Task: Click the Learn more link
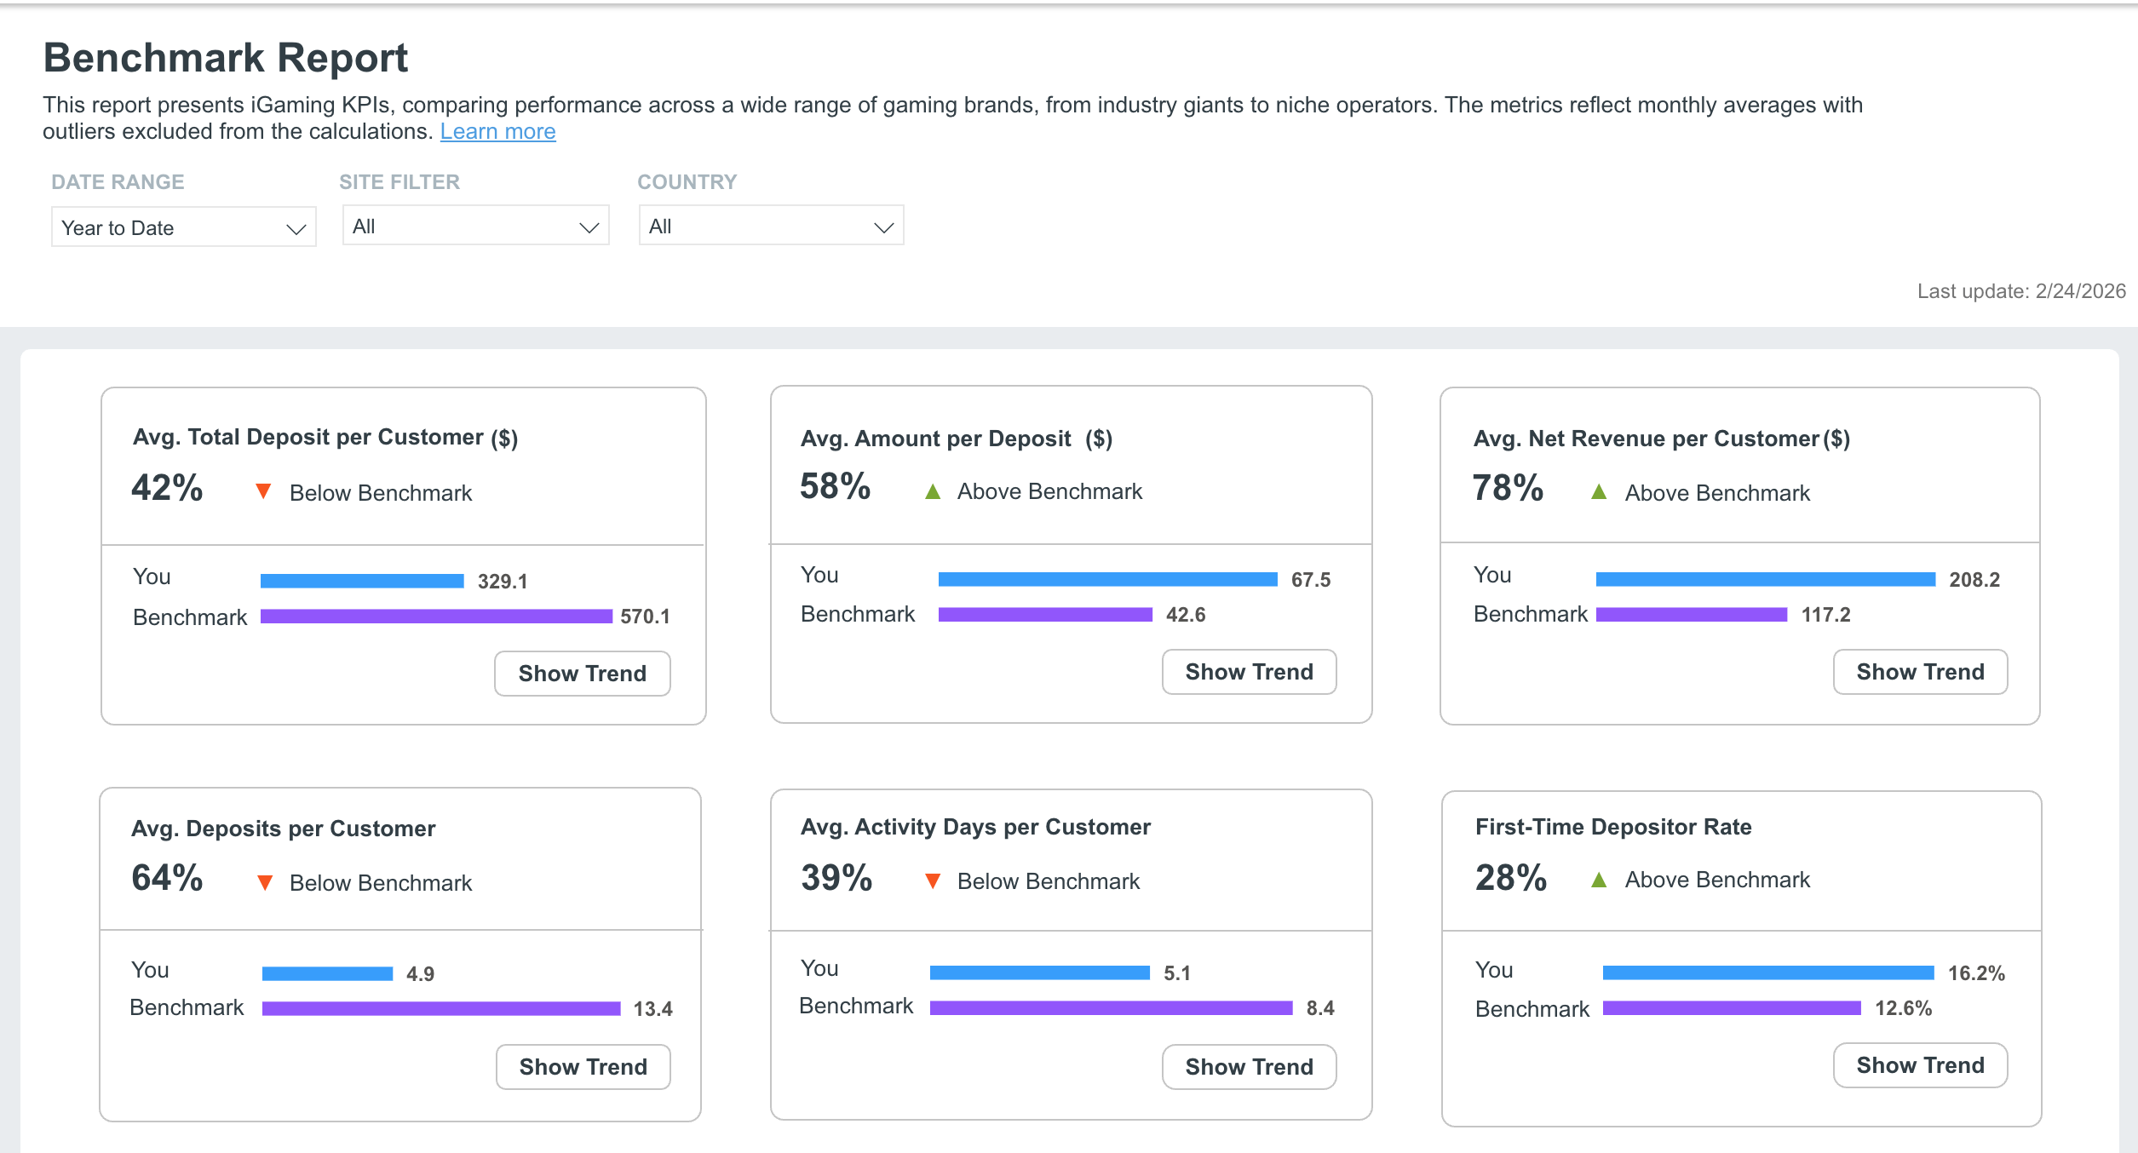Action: click(497, 132)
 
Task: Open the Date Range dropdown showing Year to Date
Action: click(184, 227)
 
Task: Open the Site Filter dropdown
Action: click(475, 226)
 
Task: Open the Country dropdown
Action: click(771, 226)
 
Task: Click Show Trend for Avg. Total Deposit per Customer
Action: click(583, 674)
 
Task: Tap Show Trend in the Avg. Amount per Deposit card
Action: click(1250, 672)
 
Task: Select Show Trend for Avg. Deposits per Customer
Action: click(583, 1067)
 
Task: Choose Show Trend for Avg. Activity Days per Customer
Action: click(1250, 1067)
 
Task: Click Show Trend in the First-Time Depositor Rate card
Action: click(1921, 1065)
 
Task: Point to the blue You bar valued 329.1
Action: click(362, 581)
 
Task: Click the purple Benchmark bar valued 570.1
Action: click(436, 616)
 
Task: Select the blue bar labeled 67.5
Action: click(1108, 579)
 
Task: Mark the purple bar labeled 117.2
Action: click(1692, 614)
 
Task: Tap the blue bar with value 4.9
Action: click(328, 973)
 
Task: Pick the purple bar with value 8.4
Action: click(1112, 1007)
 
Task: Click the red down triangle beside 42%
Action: click(264, 491)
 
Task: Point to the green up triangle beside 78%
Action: click(1599, 492)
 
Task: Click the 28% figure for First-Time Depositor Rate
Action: click(1511, 878)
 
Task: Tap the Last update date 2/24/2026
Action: click(2081, 291)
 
